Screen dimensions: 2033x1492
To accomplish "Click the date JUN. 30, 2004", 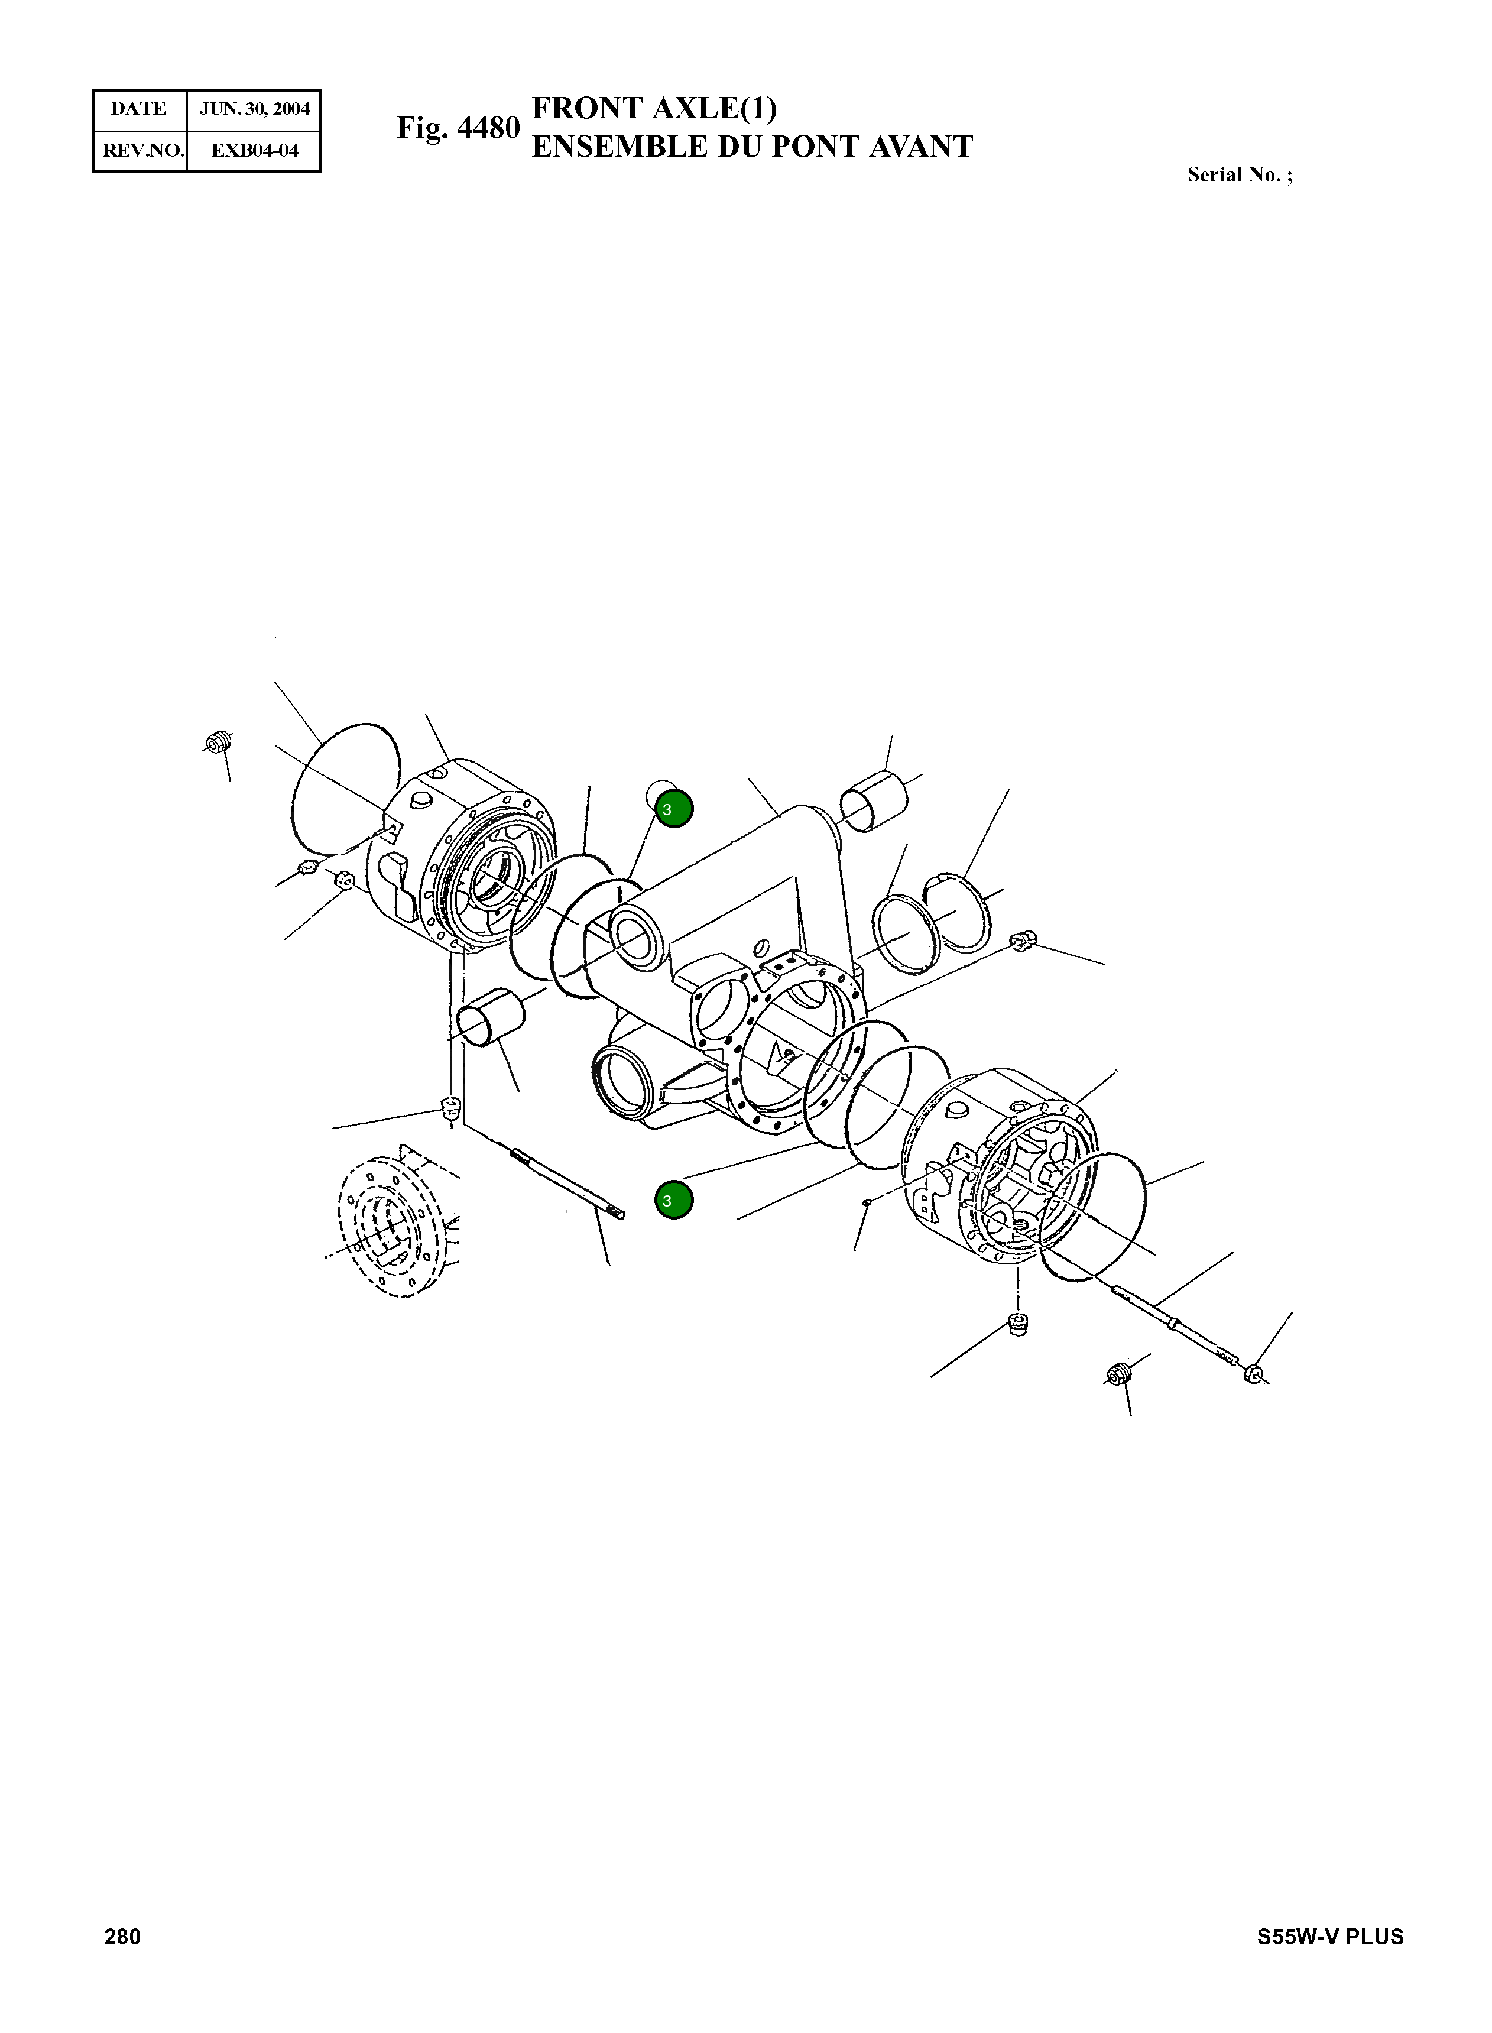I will click(x=254, y=109).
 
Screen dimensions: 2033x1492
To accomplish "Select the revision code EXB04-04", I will click(x=254, y=151).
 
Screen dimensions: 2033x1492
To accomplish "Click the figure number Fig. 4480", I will click(x=458, y=128).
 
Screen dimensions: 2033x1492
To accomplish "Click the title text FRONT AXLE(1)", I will click(x=654, y=108).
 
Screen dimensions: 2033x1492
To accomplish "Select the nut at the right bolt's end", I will click(x=1252, y=1374).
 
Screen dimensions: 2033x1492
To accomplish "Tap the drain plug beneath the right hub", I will click(x=1018, y=1325).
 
